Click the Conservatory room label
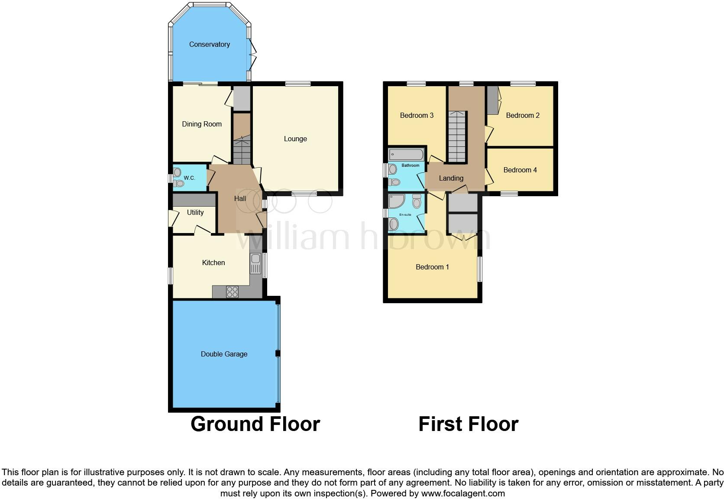[209, 44]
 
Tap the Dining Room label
[202, 124]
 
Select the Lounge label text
[295, 139]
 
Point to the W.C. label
[189, 178]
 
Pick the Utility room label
[195, 212]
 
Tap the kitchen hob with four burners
[232, 292]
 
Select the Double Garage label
[224, 354]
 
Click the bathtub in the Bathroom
[406, 154]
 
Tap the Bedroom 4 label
[520, 170]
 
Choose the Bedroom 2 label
[523, 115]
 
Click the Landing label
[451, 178]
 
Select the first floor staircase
[457, 136]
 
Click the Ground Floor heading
[255, 424]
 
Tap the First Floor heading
[468, 424]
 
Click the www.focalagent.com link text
[463, 493]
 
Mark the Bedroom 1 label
[432, 267]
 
